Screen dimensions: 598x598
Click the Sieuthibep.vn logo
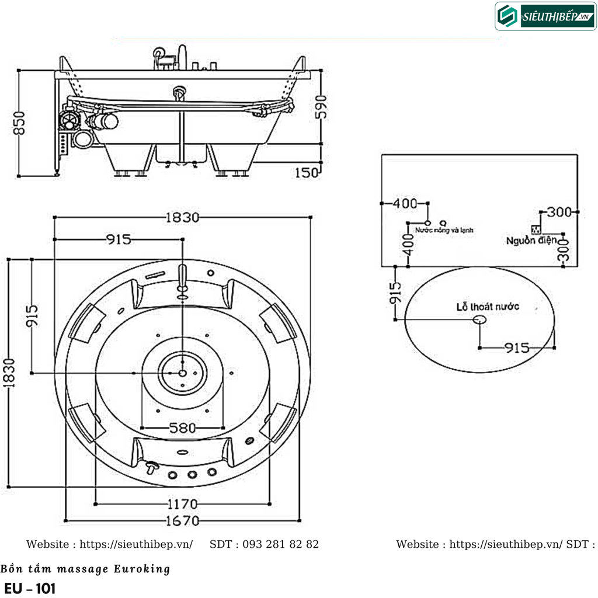pos(545,16)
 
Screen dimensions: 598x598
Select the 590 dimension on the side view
pos(321,106)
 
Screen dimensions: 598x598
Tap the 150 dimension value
pos(306,172)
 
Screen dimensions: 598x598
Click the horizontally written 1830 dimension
pos(182,217)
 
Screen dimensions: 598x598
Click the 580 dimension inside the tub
pos(182,427)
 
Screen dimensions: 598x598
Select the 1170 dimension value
pos(182,503)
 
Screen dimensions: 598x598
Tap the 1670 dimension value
pos(182,520)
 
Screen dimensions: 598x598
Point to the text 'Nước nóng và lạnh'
pos(444,231)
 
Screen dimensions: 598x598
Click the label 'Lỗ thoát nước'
pos(488,307)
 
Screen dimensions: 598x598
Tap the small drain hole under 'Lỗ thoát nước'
pos(479,319)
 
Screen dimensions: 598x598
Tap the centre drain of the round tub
pos(182,373)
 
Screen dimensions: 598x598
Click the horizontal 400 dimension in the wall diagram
pos(405,204)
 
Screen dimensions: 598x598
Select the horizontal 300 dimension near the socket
pos(559,212)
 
